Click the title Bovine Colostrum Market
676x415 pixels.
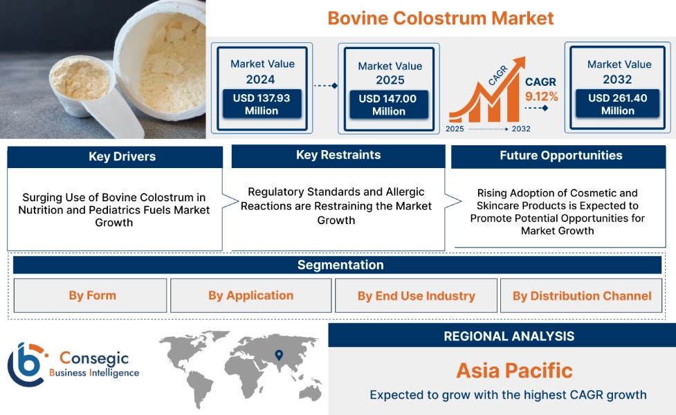441,18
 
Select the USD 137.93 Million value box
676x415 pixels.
262,104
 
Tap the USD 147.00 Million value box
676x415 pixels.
388,105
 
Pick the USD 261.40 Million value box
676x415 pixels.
618,104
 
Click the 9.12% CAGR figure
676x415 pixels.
541,96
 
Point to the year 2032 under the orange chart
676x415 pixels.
521,129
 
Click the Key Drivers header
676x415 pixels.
115,157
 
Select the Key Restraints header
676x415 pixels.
338,156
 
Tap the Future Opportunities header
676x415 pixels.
560,156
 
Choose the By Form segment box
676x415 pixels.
91,296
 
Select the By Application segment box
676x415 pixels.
250,296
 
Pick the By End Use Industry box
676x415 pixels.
416,296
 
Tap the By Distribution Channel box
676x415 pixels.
581,296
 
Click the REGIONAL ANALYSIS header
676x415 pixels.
509,337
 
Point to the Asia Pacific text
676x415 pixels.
514,371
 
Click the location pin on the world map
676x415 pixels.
279,356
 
